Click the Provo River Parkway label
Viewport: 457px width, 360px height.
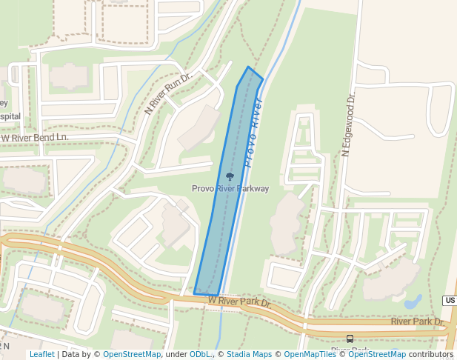[x=230, y=189]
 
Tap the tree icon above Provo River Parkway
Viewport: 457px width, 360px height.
[x=230, y=176]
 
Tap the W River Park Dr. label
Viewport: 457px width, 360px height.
[x=239, y=301]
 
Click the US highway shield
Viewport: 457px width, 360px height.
[x=450, y=300]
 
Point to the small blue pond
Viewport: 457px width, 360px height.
[x=413, y=302]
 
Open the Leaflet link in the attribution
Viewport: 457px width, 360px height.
[x=42, y=355]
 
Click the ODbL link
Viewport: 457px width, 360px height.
[x=200, y=355]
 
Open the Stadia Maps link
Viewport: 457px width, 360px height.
[x=249, y=355]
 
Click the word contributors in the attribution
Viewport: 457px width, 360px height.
[x=432, y=355]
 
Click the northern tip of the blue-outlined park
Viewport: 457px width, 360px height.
[x=248, y=67]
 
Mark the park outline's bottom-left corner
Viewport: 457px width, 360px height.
[x=195, y=294]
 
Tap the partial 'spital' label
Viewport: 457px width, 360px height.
[x=10, y=116]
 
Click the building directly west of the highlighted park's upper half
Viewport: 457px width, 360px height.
[x=199, y=128]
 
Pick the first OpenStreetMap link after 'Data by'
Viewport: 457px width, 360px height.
[x=132, y=355]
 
